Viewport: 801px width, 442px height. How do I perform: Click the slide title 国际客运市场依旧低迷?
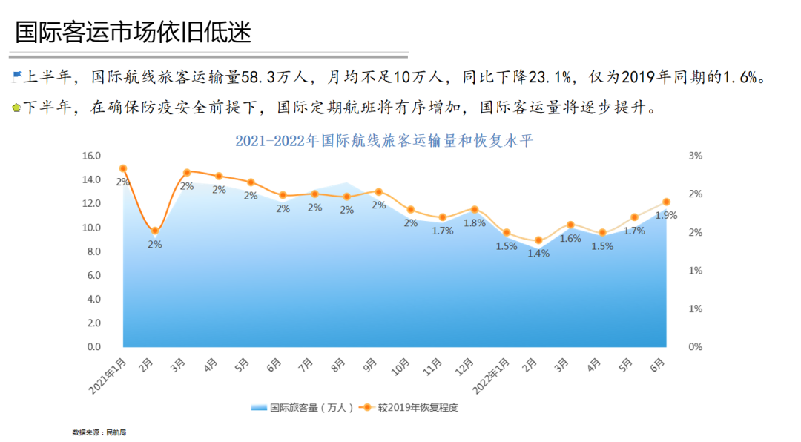tap(133, 32)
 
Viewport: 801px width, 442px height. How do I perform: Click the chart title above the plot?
tap(383, 141)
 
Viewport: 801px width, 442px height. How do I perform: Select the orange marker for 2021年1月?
tap(123, 168)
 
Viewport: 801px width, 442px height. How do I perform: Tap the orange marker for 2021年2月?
tap(155, 231)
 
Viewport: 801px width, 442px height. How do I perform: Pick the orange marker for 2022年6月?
tap(666, 202)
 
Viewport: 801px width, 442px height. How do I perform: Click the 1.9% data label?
tap(665, 215)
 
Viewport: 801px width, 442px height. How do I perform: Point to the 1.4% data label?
tap(538, 254)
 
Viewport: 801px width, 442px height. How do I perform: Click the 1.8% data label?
tap(474, 222)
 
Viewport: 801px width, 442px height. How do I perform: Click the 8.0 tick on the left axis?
tap(93, 251)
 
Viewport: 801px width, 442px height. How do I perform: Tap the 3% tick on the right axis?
tap(695, 156)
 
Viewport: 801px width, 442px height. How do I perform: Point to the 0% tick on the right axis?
tap(695, 347)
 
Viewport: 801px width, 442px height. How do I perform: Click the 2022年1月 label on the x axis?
tap(492, 375)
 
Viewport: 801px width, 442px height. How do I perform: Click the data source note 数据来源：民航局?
tap(93, 432)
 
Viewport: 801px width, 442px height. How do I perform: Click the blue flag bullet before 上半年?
tap(16, 76)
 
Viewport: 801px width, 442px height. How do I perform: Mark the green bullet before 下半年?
tap(16, 108)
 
